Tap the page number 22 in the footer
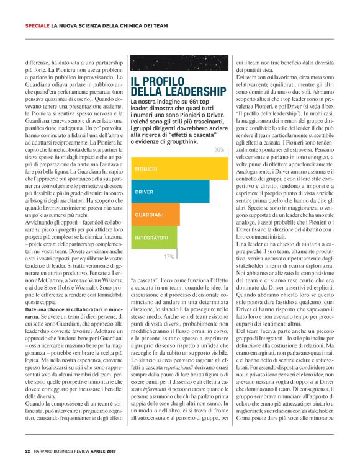[27, 451]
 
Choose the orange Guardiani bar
[156, 214]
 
